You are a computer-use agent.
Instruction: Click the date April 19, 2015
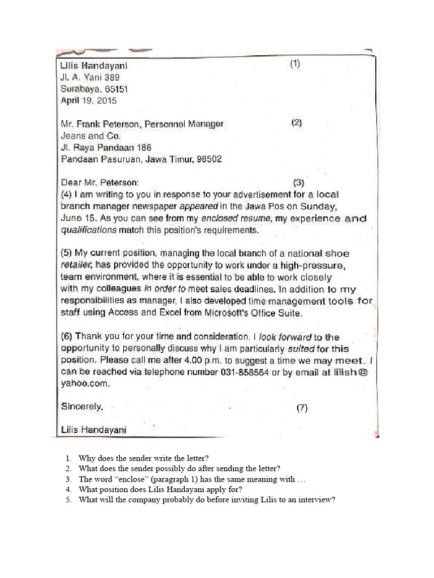[x=88, y=101]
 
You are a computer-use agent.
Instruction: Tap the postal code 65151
[x=115, y=89]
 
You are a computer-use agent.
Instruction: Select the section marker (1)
[x=295, y=64]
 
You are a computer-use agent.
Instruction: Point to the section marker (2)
[x=297, y=123]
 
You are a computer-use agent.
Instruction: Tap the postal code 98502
[x=209, y=160]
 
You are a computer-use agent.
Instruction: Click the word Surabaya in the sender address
[x=77, y=89]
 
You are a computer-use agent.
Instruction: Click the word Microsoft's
[x=236, y=313]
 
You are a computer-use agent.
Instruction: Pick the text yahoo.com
[x=85, y=384]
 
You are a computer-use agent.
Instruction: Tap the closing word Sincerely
[x=82, y=406]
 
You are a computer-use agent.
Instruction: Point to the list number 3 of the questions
[x=67, y=479]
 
